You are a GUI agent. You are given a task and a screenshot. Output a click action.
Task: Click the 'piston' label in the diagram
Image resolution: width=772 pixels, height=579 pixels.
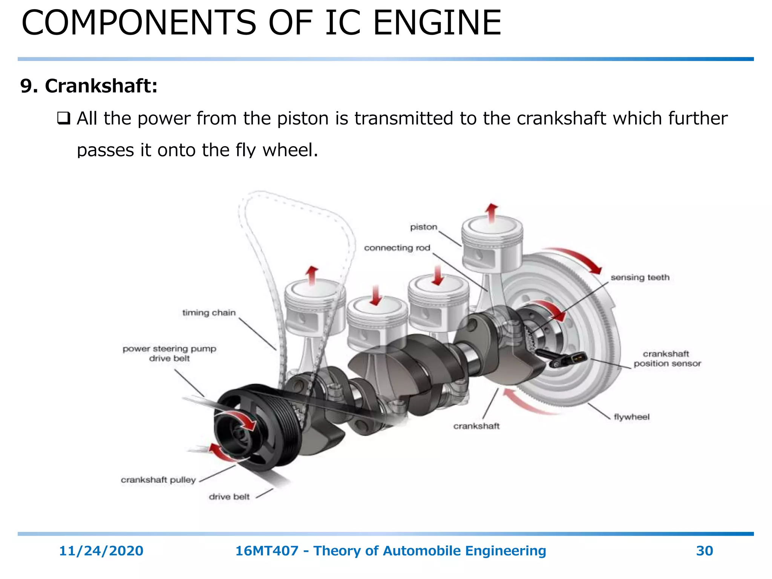pyautogui.click(x=423, y=227)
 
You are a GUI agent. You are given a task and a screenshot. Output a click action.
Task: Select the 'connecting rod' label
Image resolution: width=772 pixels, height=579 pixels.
pyautogui.click(x=397, y=248)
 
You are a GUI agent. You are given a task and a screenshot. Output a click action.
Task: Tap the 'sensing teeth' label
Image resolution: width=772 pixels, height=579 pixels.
pyautogui.click(x=640, y=277)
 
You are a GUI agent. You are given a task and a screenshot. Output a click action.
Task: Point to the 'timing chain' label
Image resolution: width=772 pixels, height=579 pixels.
pyautogui.click(x=209, y=312)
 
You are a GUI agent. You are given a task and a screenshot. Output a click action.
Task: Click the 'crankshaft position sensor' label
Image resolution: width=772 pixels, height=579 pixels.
pyautogui.click(x=667, y=358)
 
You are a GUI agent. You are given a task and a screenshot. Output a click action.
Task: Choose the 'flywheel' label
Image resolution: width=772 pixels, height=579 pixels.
pyautogui.click(x=631, y=417)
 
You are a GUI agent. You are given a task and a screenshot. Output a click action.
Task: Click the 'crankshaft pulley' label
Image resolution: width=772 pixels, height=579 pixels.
pyautogui.click(x=158, y=480)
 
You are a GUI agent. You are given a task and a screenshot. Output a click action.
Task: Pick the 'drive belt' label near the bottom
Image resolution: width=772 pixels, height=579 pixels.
pyautogui.click(x=229, y=497)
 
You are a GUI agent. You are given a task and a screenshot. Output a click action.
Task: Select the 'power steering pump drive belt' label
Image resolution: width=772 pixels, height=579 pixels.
pyautogui.click(x=169, y=354)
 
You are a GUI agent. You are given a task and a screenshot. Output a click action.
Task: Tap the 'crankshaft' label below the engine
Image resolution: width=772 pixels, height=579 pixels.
pyautogui.click(x=476, y=426)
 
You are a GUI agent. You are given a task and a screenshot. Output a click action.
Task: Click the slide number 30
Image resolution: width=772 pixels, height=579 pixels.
pyautogui.click(x=704, y=551)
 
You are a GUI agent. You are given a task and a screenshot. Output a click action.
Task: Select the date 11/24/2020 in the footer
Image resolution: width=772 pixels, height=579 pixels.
pyautogui.click(x=101, y=551)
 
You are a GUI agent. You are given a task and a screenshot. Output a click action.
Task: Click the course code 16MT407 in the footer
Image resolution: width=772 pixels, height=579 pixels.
pyautogui.click(x=267, y=551)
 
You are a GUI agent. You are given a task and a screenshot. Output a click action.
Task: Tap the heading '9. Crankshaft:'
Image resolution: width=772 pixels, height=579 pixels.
pyautogui.click(x=89, y=86)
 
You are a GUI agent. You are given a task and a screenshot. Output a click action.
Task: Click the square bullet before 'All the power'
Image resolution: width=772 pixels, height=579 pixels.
pyautogui.click(x=63, y=118)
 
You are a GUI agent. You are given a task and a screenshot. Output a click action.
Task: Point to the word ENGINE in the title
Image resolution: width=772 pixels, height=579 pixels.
pyautogui.click(x=437, y=23)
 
